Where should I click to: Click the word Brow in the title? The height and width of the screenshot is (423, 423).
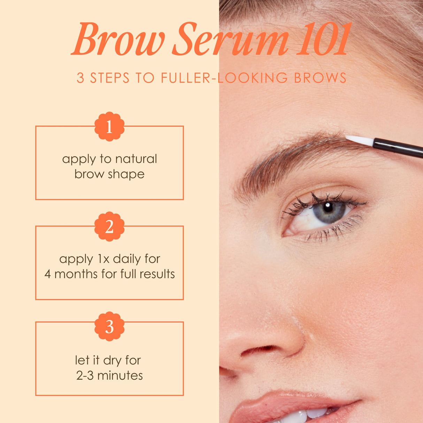[x=118, y=40]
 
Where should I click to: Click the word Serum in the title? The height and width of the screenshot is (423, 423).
[x=230, y=40]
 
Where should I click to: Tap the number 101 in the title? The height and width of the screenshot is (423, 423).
[x=323, y=40]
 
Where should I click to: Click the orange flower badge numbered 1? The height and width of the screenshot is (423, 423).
[x=109, y=126]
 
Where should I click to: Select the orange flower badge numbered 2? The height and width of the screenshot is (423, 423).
[x=109, y=226]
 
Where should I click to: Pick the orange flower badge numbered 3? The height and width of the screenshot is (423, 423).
[x=109, y=326]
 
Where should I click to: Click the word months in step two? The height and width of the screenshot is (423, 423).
[x=76, y=274]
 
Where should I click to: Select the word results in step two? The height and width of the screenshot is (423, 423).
[x=157, y=274]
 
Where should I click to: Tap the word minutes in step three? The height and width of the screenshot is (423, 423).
[x=120, y=376]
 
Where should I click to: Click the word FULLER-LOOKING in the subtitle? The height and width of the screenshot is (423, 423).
[x=224, y=78]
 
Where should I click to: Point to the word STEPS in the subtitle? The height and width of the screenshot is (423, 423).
[x=110, y=78]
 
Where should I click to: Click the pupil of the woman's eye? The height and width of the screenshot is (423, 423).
[x=328, y=208]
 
